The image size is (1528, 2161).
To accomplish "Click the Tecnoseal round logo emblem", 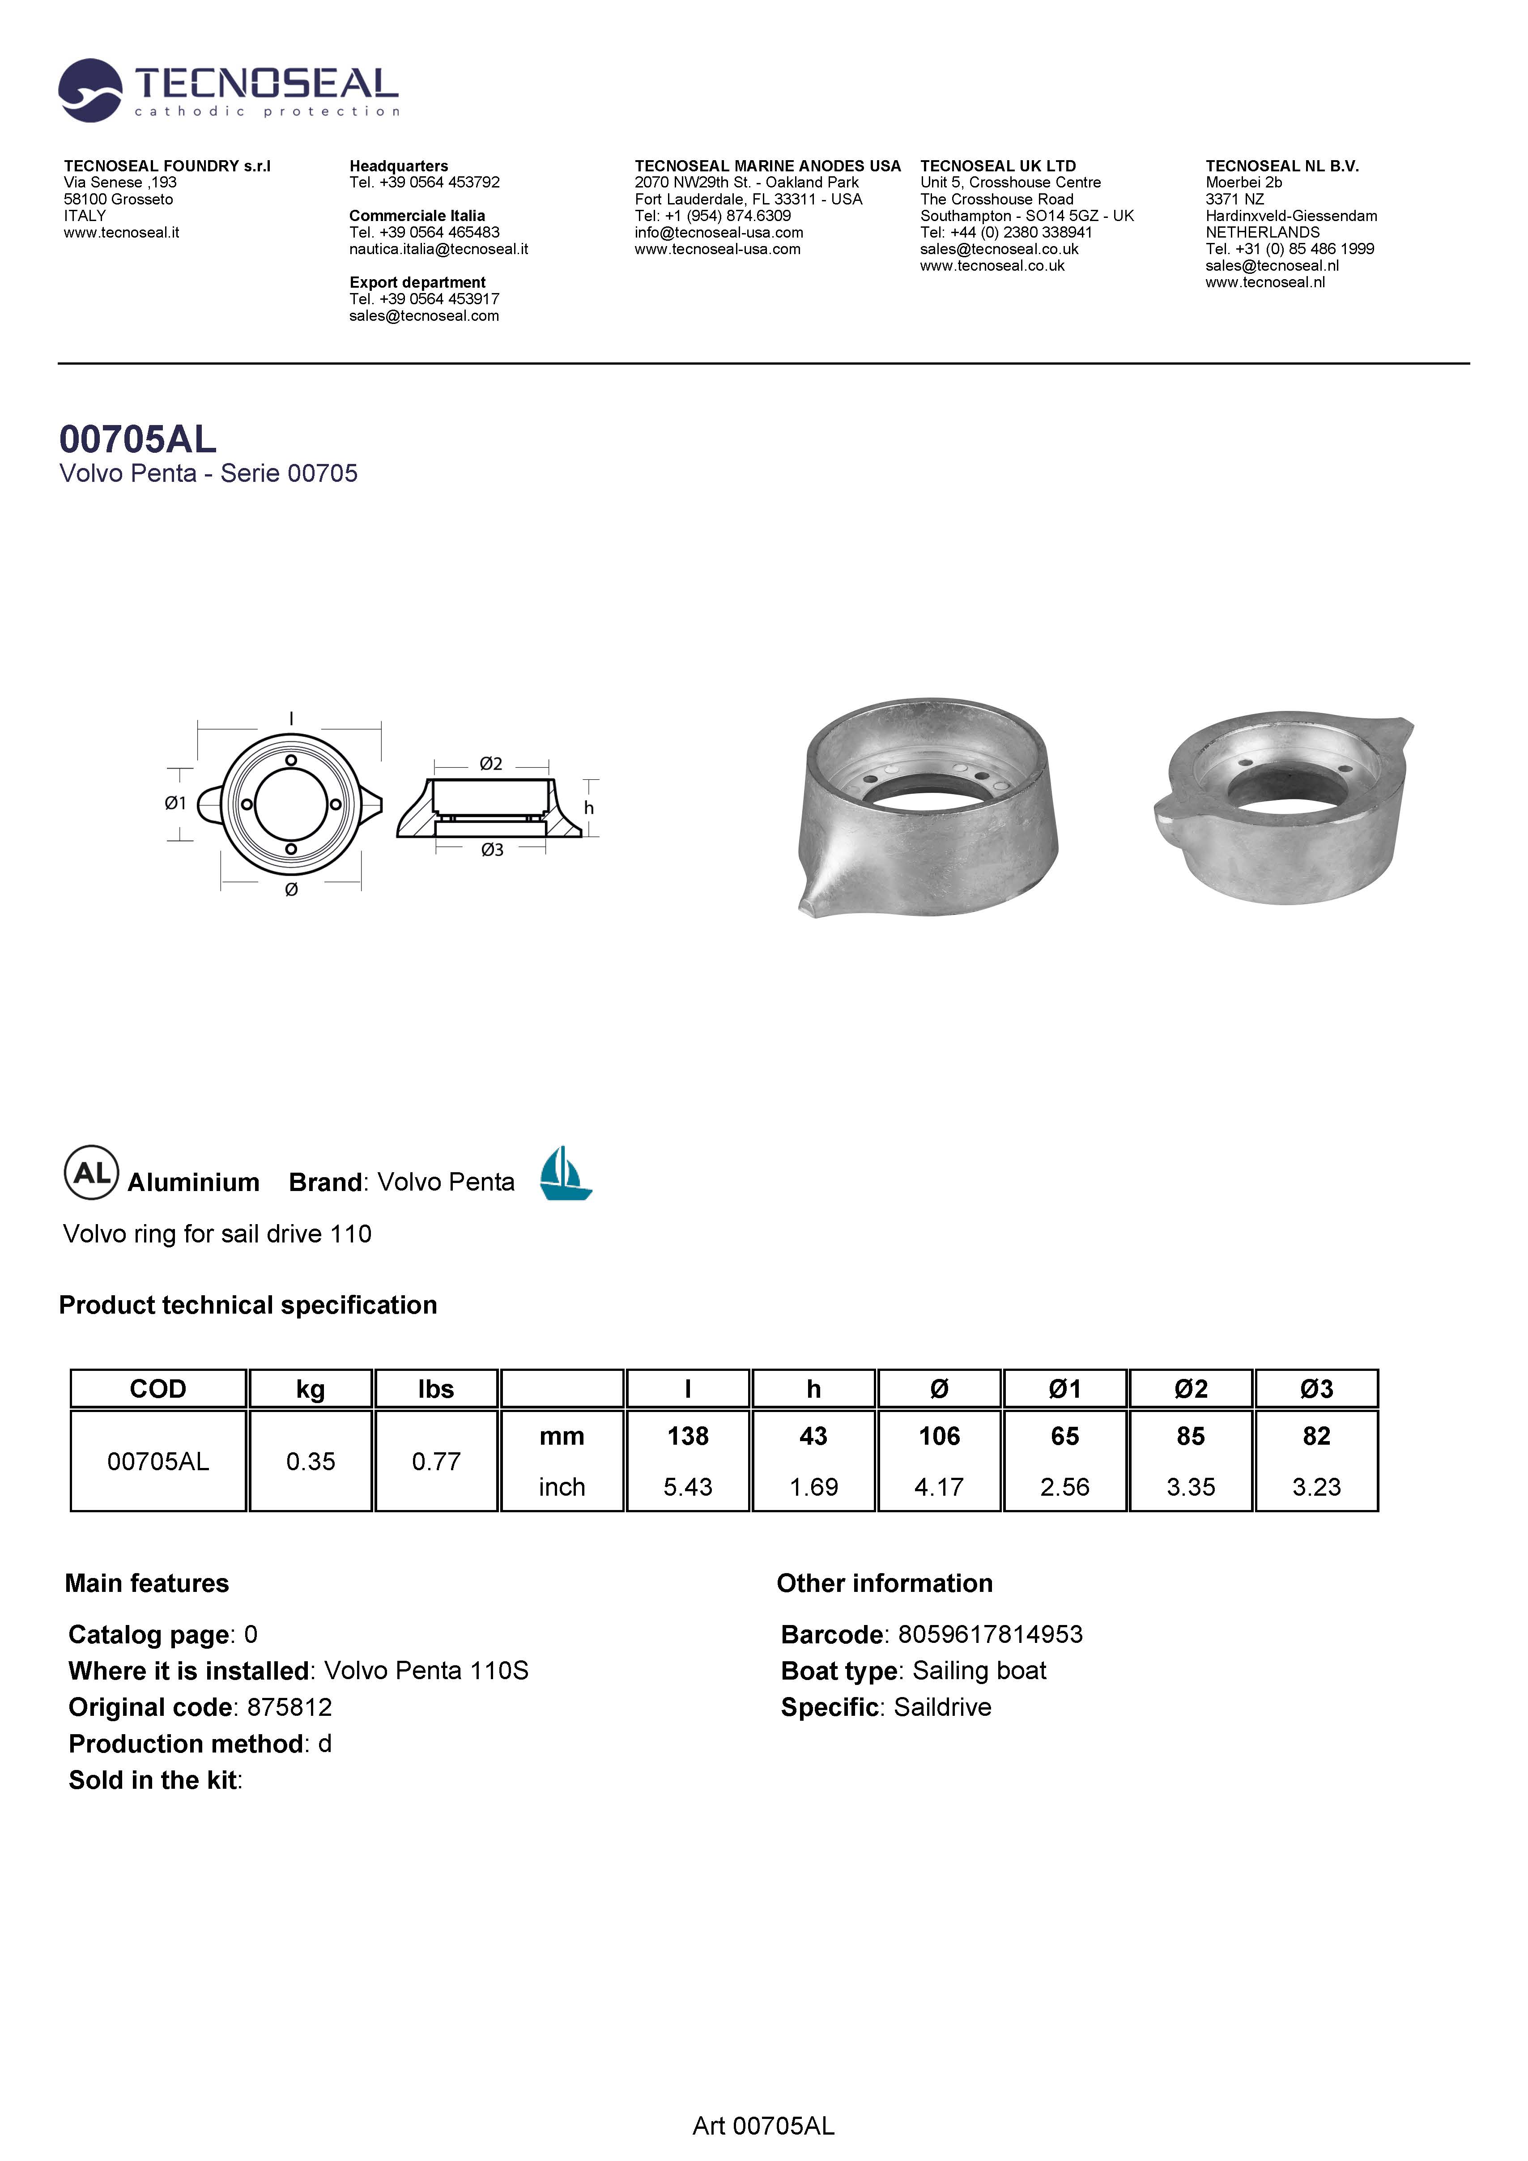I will [90, 90].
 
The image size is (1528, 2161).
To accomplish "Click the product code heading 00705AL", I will [137, 439].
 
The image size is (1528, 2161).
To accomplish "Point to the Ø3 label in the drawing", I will [491, 850].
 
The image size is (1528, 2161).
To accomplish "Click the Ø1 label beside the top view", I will [175, 803].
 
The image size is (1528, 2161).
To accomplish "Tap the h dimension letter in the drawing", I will [588, 808].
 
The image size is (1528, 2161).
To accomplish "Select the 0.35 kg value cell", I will [311, 1462].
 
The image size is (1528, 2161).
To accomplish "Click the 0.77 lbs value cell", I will [436, 1462].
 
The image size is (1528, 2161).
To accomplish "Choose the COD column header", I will [158, 1389].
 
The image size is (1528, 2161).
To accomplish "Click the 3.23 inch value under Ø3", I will [1316, 1487].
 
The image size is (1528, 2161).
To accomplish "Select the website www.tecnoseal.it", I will [121, 233].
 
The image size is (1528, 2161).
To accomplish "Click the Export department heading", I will [417, 282].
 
